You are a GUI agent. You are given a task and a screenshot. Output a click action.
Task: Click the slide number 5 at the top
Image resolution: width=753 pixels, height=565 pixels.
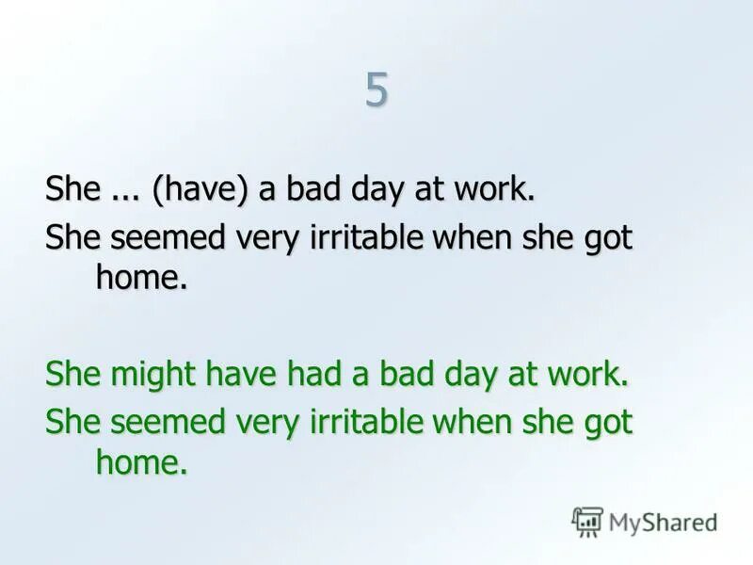point(376,91)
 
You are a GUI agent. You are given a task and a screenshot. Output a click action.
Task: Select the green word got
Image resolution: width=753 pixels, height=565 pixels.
point(610,421)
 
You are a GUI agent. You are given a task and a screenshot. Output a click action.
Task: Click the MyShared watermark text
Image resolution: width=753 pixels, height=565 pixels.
point(663,522)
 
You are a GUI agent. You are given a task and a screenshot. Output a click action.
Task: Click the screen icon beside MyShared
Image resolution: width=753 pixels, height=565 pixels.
point(587,522)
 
